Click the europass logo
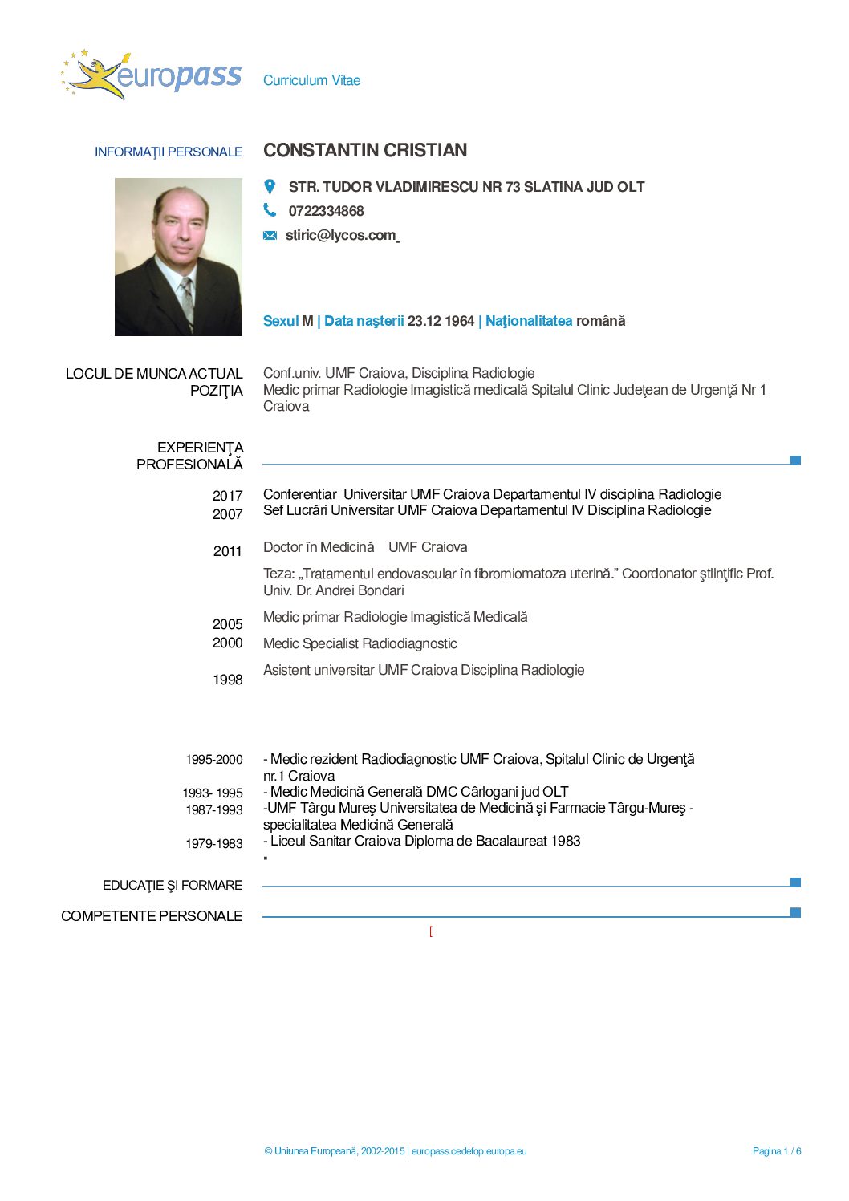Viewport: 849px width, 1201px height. [152, 75]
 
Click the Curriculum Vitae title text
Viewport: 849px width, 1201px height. [311, 80]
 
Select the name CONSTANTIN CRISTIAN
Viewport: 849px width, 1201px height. [365, 151]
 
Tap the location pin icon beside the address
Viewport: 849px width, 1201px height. [270, 186]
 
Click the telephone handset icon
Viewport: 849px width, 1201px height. [270, 210]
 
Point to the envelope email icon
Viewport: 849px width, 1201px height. [270, 235]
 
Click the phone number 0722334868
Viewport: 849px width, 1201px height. [326, 211]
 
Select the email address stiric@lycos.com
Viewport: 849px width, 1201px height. [340, 235]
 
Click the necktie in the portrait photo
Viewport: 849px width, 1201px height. [186, 298]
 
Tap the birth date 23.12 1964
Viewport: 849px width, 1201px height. [441, 321]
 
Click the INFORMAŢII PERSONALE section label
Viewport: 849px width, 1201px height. [169, 152]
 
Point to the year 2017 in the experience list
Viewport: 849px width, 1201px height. [227, 496]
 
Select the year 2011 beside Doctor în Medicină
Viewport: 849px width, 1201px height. [227, 551]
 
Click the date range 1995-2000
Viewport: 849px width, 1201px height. [213, 760]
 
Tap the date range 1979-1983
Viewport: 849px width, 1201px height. [213, 844]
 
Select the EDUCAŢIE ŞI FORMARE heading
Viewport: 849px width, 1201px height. [173, 886]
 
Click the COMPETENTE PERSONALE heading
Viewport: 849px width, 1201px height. [152, 916]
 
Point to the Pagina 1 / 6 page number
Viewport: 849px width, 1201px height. [776, 1151]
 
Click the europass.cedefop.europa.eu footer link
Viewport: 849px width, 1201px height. [469, 1151]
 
